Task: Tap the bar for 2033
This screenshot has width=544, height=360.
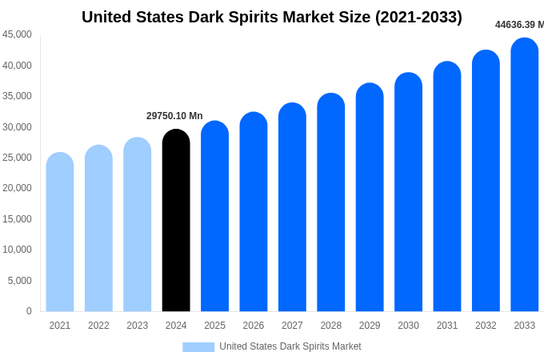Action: [x=524, y=175]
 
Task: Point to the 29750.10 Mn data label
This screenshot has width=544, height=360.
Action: [x=174, y=116]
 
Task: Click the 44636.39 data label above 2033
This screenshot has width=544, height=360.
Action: [x=518, y=25]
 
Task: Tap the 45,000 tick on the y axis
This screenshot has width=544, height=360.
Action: [x=18, y=34]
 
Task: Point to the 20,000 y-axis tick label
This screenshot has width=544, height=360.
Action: [x=18, y=188]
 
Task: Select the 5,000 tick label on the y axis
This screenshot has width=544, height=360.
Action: [x=20, y=281]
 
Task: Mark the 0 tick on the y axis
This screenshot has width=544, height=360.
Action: [x=29, y=311]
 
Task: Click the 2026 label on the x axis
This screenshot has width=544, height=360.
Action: [x=254, y=326]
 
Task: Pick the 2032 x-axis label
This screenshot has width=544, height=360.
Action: [x=486, y=326]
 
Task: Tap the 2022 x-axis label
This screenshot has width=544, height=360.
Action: [x=98, y=326]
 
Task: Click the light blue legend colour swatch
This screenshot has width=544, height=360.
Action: [x=198, y=347]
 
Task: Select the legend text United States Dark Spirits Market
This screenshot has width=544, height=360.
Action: [x=290, y=346]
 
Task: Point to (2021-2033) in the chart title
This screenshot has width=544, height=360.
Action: [x=418, y=17]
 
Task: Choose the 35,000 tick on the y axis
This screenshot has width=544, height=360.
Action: [x=18, y=96]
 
